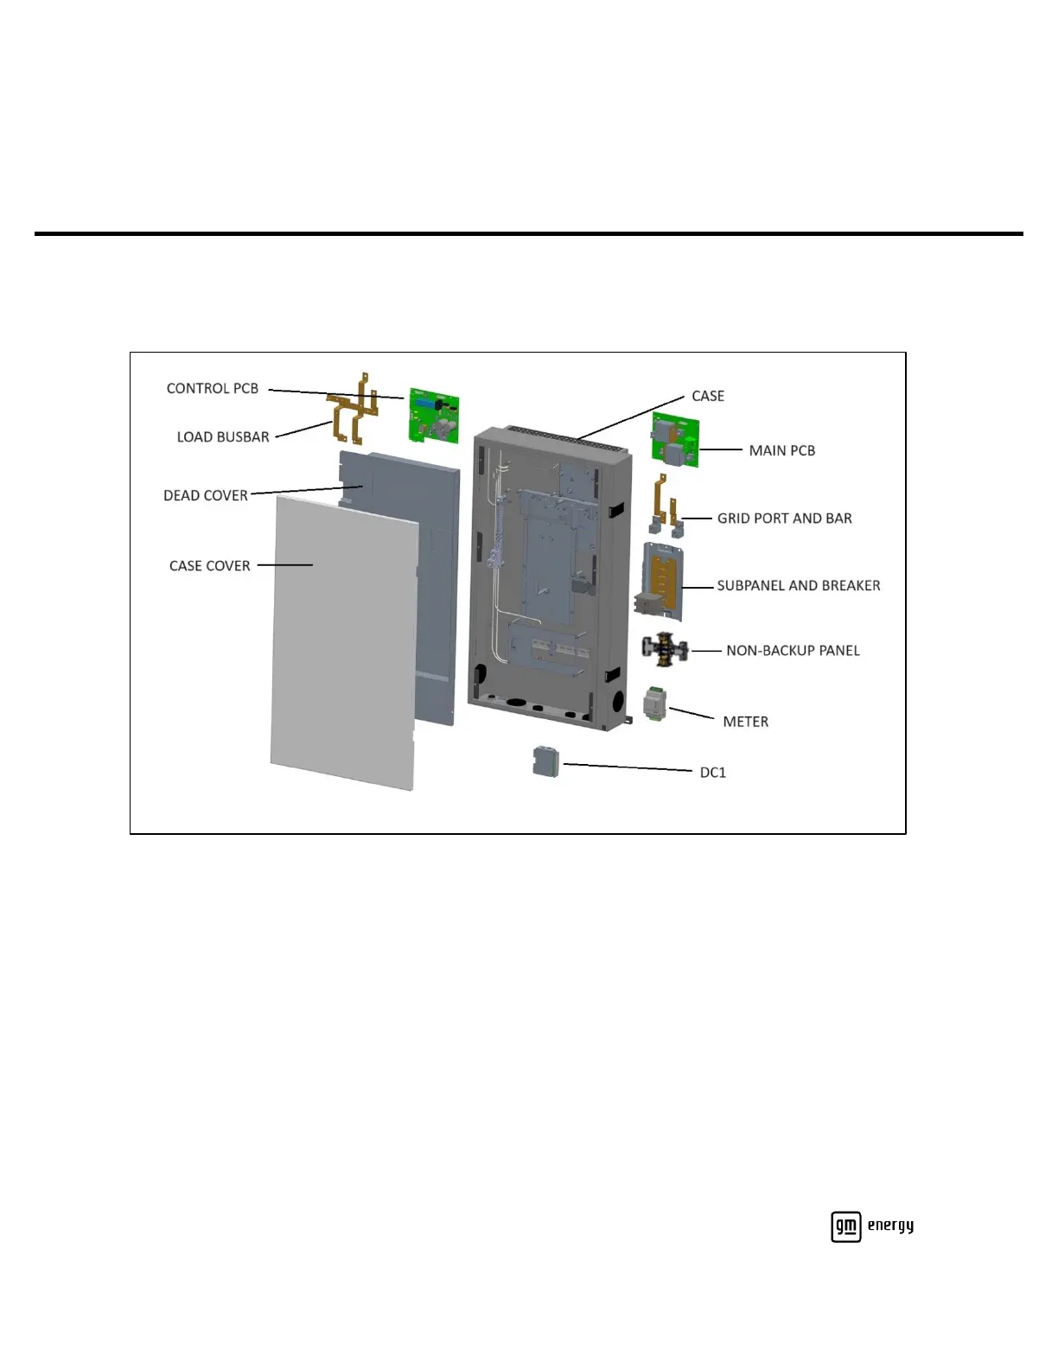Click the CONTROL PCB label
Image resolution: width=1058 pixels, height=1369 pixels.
(x=213, y=389)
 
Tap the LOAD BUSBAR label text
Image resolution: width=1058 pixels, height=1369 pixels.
(x=223, y=437)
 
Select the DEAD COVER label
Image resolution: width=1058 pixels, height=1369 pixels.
(x=206, y=496)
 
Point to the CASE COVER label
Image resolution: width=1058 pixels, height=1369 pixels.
(x=209, y=566)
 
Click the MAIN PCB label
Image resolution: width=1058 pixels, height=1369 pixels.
(x=781, y=450)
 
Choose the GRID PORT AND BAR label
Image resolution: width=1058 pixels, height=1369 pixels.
(x=784, y=519)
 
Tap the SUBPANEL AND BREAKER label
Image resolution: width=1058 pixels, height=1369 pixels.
(x=798, y=586)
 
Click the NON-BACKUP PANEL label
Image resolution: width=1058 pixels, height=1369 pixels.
(x=793, y=651)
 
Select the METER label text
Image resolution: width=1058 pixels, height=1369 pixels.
(x=745, y=722)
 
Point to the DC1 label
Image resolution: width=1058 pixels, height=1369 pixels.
(x=712, y=773)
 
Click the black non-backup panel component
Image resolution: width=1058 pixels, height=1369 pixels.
(x=665, y=648)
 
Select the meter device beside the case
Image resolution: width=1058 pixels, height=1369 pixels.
(x=656, y=704)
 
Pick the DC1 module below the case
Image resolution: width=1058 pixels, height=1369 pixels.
(x=545, y=761)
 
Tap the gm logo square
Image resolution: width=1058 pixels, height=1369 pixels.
(x=845, y=1226)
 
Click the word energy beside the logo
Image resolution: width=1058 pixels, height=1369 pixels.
(x=890, y=1226)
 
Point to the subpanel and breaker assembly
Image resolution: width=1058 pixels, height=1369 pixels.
(x=663, y=581)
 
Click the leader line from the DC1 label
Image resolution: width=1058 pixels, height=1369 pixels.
(x=627, y=767)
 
